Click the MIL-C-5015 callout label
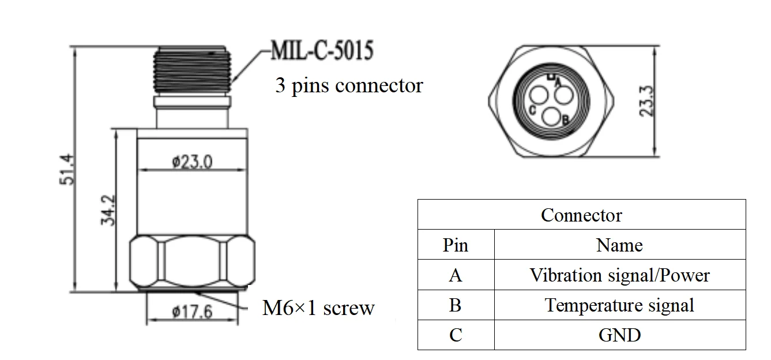pyautogui.click(x=322, y=51)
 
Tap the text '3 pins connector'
pyautogui.click(x=349, y=85)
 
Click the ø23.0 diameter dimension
pyautogui.click(x=192, y=162)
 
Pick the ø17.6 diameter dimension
pyautogui.click(x=192, y=312)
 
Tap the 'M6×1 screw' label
pyautogui.click(x=318, y=308)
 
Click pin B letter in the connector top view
pyautogui.click(x=565, y=119)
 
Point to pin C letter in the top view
pyautogui.click(x=532, y=110)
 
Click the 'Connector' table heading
pyautogui.click(x=581, y=215)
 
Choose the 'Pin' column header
pyautogui.click(x=456, y=245)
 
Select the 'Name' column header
pyautogui.click(x=619, y=245)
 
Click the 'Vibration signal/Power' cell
pyautogui.click(x=619, y=275)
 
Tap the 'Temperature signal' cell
pyautogui.click(x=619, y=305)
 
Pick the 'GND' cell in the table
pyautogui.click(x=619, y=335)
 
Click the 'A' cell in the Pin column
pyautogui.click(x=456, y=275)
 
